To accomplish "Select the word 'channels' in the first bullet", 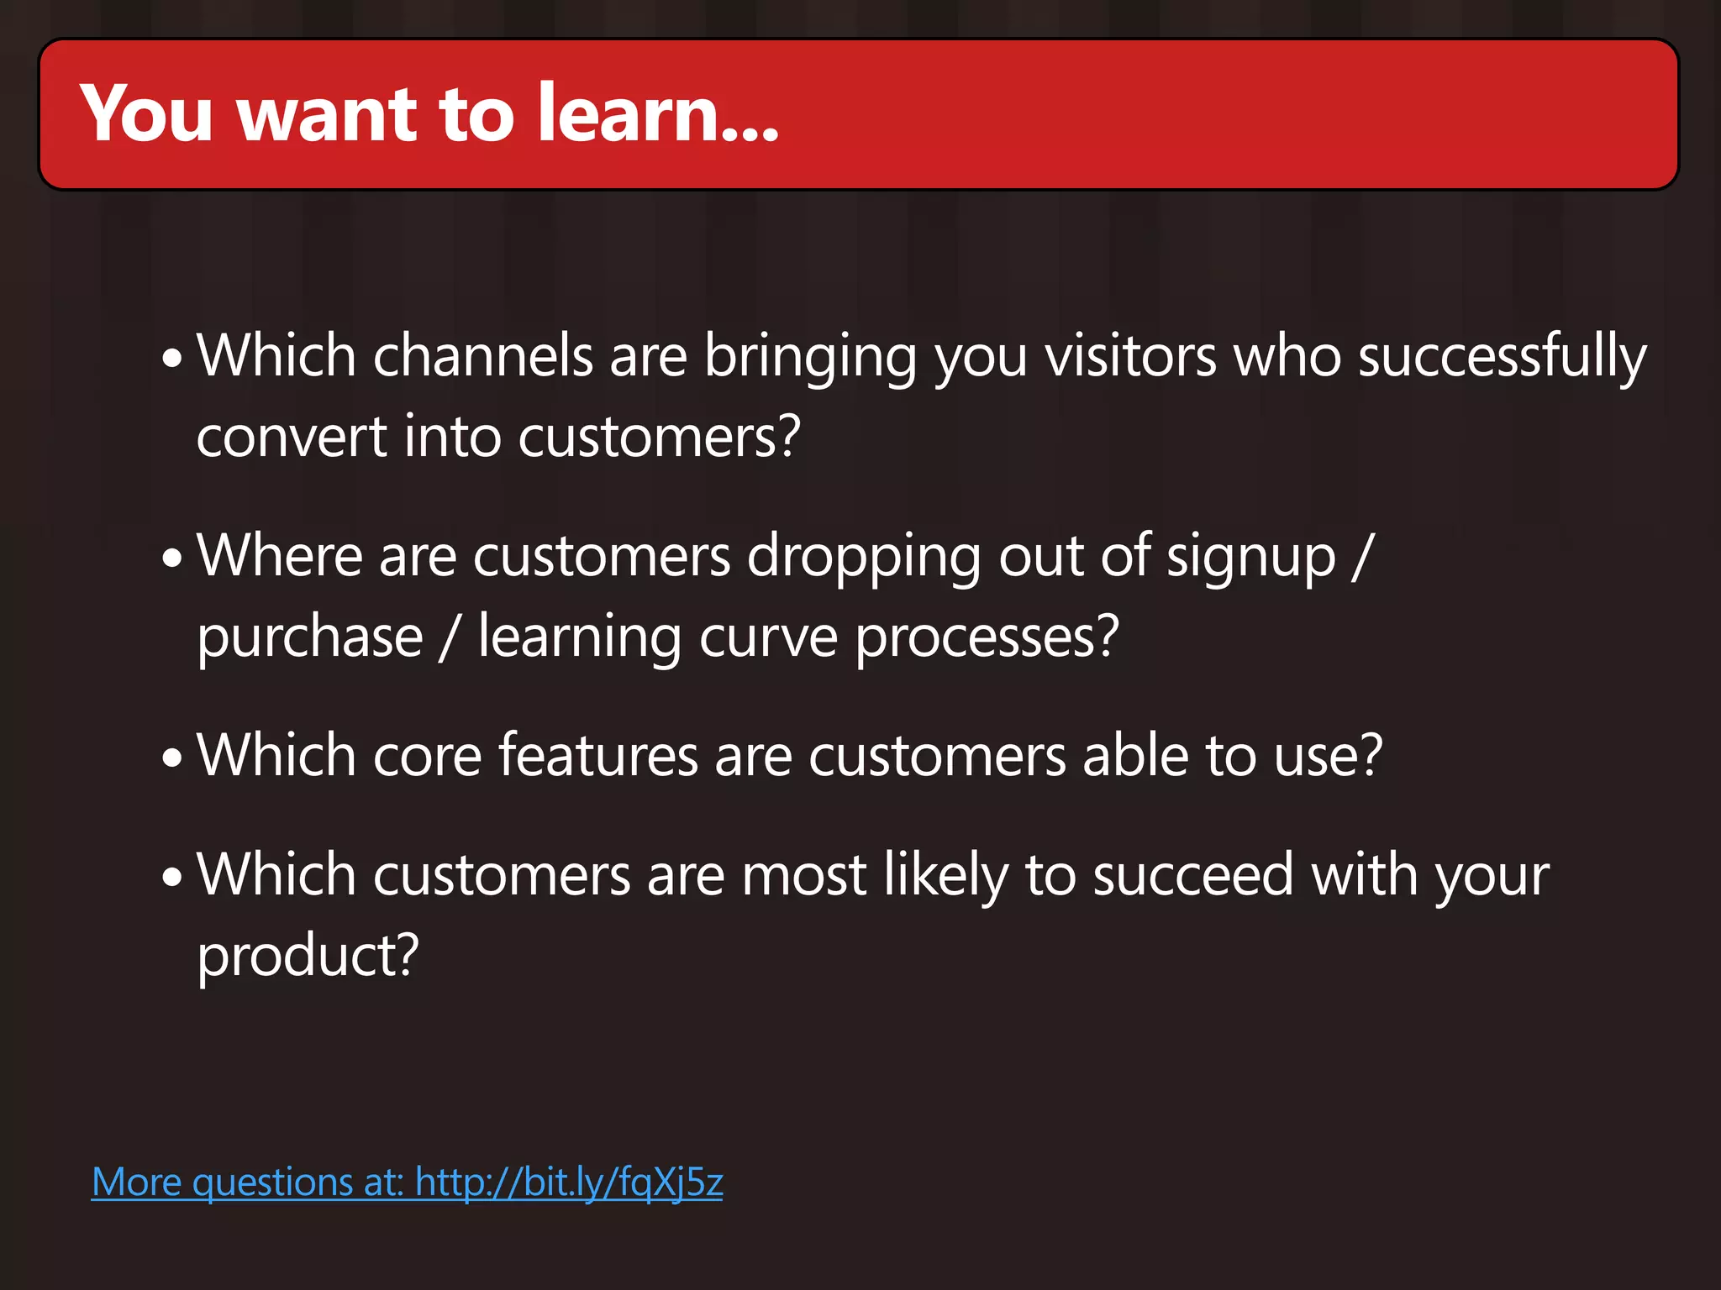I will coord(483,356).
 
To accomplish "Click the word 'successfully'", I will coord(1502,356).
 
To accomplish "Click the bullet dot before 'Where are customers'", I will coord(172,558).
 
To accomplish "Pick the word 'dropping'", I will coord(864,558).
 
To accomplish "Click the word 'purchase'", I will coord(310,638).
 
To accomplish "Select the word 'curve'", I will coord(768,638).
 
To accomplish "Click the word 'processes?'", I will coord(987,638).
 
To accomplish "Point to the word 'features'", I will coord(598,756).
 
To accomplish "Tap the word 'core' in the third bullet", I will coord(427,756).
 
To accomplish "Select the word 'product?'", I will coord(308,957).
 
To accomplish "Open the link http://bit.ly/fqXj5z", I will coord(569,1182).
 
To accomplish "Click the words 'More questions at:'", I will coord(248,1182).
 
